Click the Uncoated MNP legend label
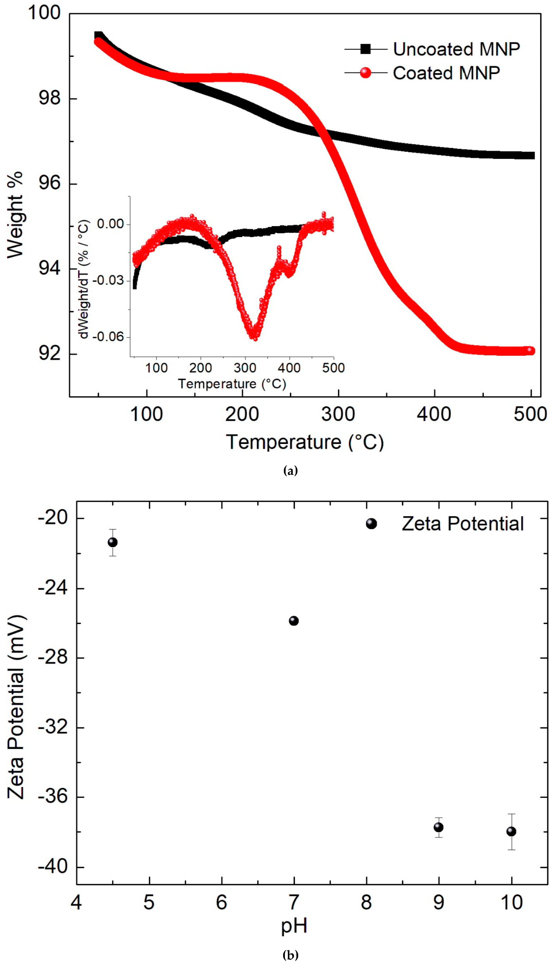456,49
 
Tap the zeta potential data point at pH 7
294,621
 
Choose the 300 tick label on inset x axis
245,368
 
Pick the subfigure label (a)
290,471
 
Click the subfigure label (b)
290,955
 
